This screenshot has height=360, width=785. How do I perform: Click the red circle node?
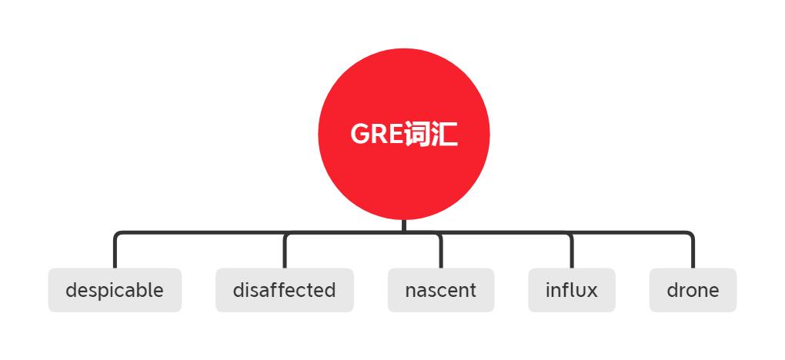click(x=403, y=134)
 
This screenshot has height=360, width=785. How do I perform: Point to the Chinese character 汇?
click(x=444, y=134)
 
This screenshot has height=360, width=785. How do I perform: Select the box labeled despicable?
click(x=115, y=290)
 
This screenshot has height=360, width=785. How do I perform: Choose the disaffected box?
click(x=284, y=290)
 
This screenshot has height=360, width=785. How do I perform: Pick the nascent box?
click(x=440, y=290)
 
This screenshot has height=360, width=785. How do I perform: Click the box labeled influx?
click(x=572, y=290)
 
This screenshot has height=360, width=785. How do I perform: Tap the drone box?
click(x=693, y=290)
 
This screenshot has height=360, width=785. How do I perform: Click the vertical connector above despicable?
click(x=115, y=252)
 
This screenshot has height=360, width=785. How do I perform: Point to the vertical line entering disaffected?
click(x=284, y=252)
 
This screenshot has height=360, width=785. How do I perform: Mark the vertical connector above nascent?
click(x=440, y=252)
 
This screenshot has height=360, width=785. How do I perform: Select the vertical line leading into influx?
click(x=572, y=252)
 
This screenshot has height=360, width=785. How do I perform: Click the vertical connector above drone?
click(x=693, y=252)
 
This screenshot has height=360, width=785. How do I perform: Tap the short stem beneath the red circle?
click(x=403, y=226)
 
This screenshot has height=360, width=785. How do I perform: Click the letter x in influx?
click(x=593, y=292)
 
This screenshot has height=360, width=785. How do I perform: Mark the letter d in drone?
click(x=673, y=289)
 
